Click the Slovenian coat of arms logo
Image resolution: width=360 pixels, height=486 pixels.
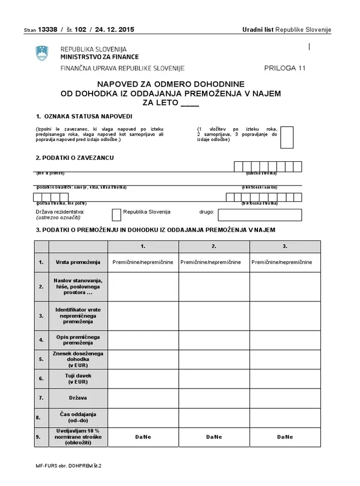(x=42, y=53)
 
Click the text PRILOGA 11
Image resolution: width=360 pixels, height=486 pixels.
(x=285, y=68)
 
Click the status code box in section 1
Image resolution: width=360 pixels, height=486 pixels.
(x=287, y=138)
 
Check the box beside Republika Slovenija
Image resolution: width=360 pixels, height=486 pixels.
(x=116, y=215)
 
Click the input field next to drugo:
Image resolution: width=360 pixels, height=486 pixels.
(x=259, y=215)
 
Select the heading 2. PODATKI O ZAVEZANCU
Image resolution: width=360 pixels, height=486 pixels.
(x=75, y=158)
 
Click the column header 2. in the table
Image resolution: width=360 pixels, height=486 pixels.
(x=214, y=246)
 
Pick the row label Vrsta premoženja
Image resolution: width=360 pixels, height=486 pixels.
(x=78, y=262)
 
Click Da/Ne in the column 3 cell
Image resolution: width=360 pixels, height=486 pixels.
(x=285, y=437)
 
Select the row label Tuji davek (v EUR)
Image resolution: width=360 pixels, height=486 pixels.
(x=78, y=379)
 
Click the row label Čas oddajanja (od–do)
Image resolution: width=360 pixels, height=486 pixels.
(x=78, y=417)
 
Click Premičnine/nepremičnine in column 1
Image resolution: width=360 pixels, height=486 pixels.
(x=143, y=262)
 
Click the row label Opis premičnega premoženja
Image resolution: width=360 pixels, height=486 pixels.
(x=78, y=340)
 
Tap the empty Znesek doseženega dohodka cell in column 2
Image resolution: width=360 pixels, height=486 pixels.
(x=214, y=359)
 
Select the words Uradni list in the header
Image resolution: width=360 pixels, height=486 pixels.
(x=257, y=30)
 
